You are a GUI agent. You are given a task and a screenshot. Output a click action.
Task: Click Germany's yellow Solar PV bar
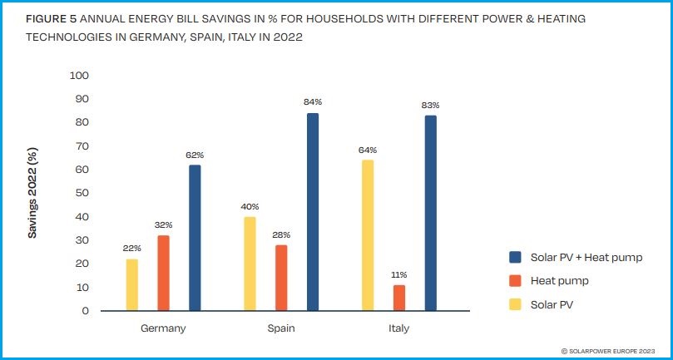[132, 285]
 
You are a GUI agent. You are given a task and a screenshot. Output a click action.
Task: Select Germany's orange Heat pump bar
[164, 274]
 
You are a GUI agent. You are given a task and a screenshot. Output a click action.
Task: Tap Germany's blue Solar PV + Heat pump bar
[195, 238]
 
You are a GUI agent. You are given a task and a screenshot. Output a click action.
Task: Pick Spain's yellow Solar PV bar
[250, 264]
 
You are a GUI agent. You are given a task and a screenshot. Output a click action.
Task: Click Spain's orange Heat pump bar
[281, 278]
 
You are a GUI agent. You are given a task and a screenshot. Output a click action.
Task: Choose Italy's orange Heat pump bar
[398, 298]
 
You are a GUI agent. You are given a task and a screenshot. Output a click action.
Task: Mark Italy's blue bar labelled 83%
[430, 213]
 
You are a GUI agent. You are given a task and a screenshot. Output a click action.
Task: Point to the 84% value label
[313, 101]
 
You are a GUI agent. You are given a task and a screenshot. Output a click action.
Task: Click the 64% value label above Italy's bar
[368, 150]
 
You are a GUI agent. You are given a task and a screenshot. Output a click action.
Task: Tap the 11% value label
[398, 274]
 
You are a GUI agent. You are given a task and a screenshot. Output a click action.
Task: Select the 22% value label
[132, 248]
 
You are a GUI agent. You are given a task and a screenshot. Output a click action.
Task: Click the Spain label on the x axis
[281, 328]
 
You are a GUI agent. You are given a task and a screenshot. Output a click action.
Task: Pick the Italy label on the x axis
[398, 328]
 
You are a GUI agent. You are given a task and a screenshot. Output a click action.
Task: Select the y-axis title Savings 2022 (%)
[33, 194]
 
